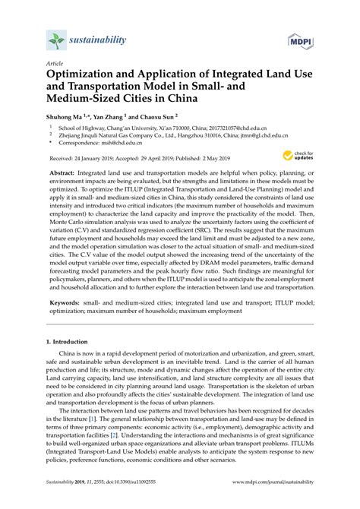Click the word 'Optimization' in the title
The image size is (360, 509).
point(87,76)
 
